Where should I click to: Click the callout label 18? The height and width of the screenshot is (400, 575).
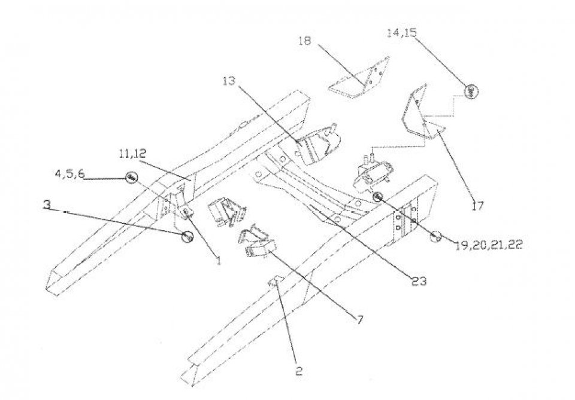tap(305, 40)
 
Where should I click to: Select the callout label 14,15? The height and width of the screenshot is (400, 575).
tap(402, 33)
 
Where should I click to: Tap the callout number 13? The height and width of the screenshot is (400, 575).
tap(229, 81)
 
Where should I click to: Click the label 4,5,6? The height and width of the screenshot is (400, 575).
tap(69, 174)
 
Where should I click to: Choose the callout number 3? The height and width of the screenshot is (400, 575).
tap(47, 204)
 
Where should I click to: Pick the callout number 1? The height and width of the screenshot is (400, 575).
tap(219, 260)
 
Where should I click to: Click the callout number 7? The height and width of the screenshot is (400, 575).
tap(360, 320)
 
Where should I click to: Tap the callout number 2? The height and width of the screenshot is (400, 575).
tap(299, 371)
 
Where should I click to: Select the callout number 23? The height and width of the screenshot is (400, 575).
tap(419, 281)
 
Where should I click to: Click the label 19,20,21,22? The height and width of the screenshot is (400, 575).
tap(489, 245)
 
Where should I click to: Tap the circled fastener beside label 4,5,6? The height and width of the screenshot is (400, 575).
tap(131, 178)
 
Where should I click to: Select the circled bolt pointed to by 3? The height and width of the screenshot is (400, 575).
tap(187, 237)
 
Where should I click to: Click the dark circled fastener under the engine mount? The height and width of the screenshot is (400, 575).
tap(378, 197)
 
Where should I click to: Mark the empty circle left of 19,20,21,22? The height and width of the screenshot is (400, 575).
tap(436, 237)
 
